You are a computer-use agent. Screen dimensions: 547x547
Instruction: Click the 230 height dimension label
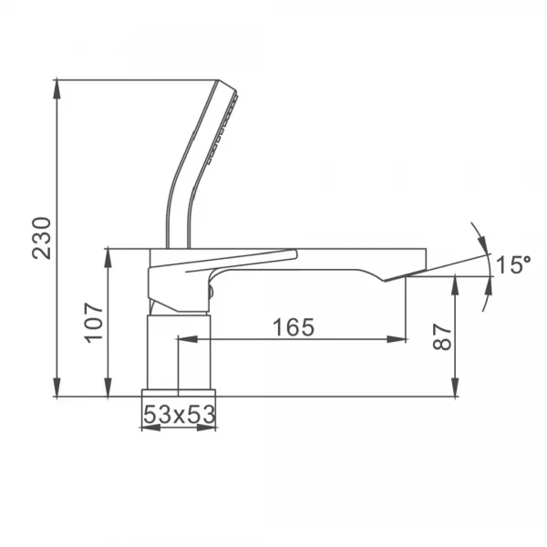click(42, 238)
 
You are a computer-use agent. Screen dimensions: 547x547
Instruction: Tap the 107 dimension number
click(94, 323)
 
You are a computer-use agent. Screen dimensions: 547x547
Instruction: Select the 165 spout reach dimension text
click(293, 327)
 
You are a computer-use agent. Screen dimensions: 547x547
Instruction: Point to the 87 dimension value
click(441, 336)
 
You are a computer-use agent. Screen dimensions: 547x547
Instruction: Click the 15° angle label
click(513, 264)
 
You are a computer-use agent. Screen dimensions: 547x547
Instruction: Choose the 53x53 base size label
click(180, 415)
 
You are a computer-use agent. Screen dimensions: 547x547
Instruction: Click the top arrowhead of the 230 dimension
click(57, 90)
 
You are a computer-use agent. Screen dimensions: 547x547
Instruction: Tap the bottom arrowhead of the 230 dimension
click(57, 387)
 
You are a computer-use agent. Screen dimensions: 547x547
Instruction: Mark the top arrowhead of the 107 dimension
click(108, 258)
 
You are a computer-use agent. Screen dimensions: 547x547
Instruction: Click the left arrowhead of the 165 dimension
click(188, 339)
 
